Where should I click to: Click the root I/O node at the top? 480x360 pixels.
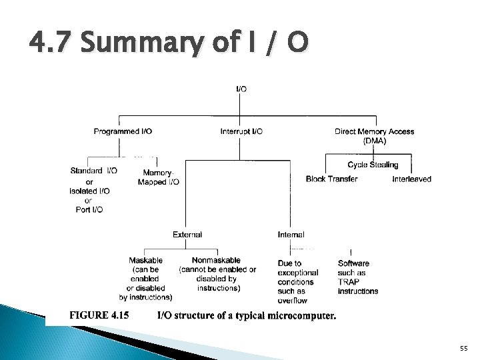click(x=241, y=89)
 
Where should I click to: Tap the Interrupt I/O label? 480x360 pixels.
click(x=241, y=131)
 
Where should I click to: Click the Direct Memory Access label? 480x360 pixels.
click(x=374, y=131)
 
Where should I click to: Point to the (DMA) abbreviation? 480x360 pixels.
click(x=374, y=141)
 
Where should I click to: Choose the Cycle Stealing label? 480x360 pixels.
click(x=373, y=165)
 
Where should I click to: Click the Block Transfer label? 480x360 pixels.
click(x=331, y=179)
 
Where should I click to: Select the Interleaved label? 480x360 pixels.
click(x=411, y=179)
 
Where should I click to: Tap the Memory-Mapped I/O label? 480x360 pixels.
click(x=158, y=177)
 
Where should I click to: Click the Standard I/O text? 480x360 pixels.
click(x=93, y=170)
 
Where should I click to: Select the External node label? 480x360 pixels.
click(x=187, y=235)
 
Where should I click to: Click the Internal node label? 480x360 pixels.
click(x=291, y=235)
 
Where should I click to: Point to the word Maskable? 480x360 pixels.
click(x=146, y=260)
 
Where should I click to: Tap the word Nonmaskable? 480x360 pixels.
click(x=216, y=260)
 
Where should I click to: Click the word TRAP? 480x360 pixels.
click(x=348, y=282)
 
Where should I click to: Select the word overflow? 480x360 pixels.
click(x=292, y=301)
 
